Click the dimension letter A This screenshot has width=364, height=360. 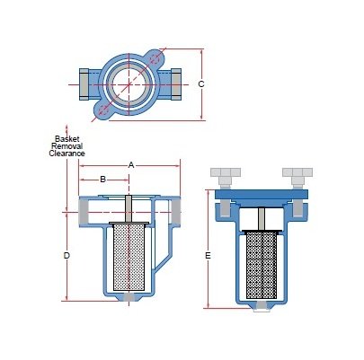[131, 165]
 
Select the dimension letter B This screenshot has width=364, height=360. [102, 179]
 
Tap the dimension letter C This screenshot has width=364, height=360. [201, 84]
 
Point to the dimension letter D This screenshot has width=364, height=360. [67, 256]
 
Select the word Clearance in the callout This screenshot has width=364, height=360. [67, 154]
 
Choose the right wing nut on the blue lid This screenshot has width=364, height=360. [297, 172]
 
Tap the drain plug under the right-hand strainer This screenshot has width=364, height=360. [262, 307]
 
